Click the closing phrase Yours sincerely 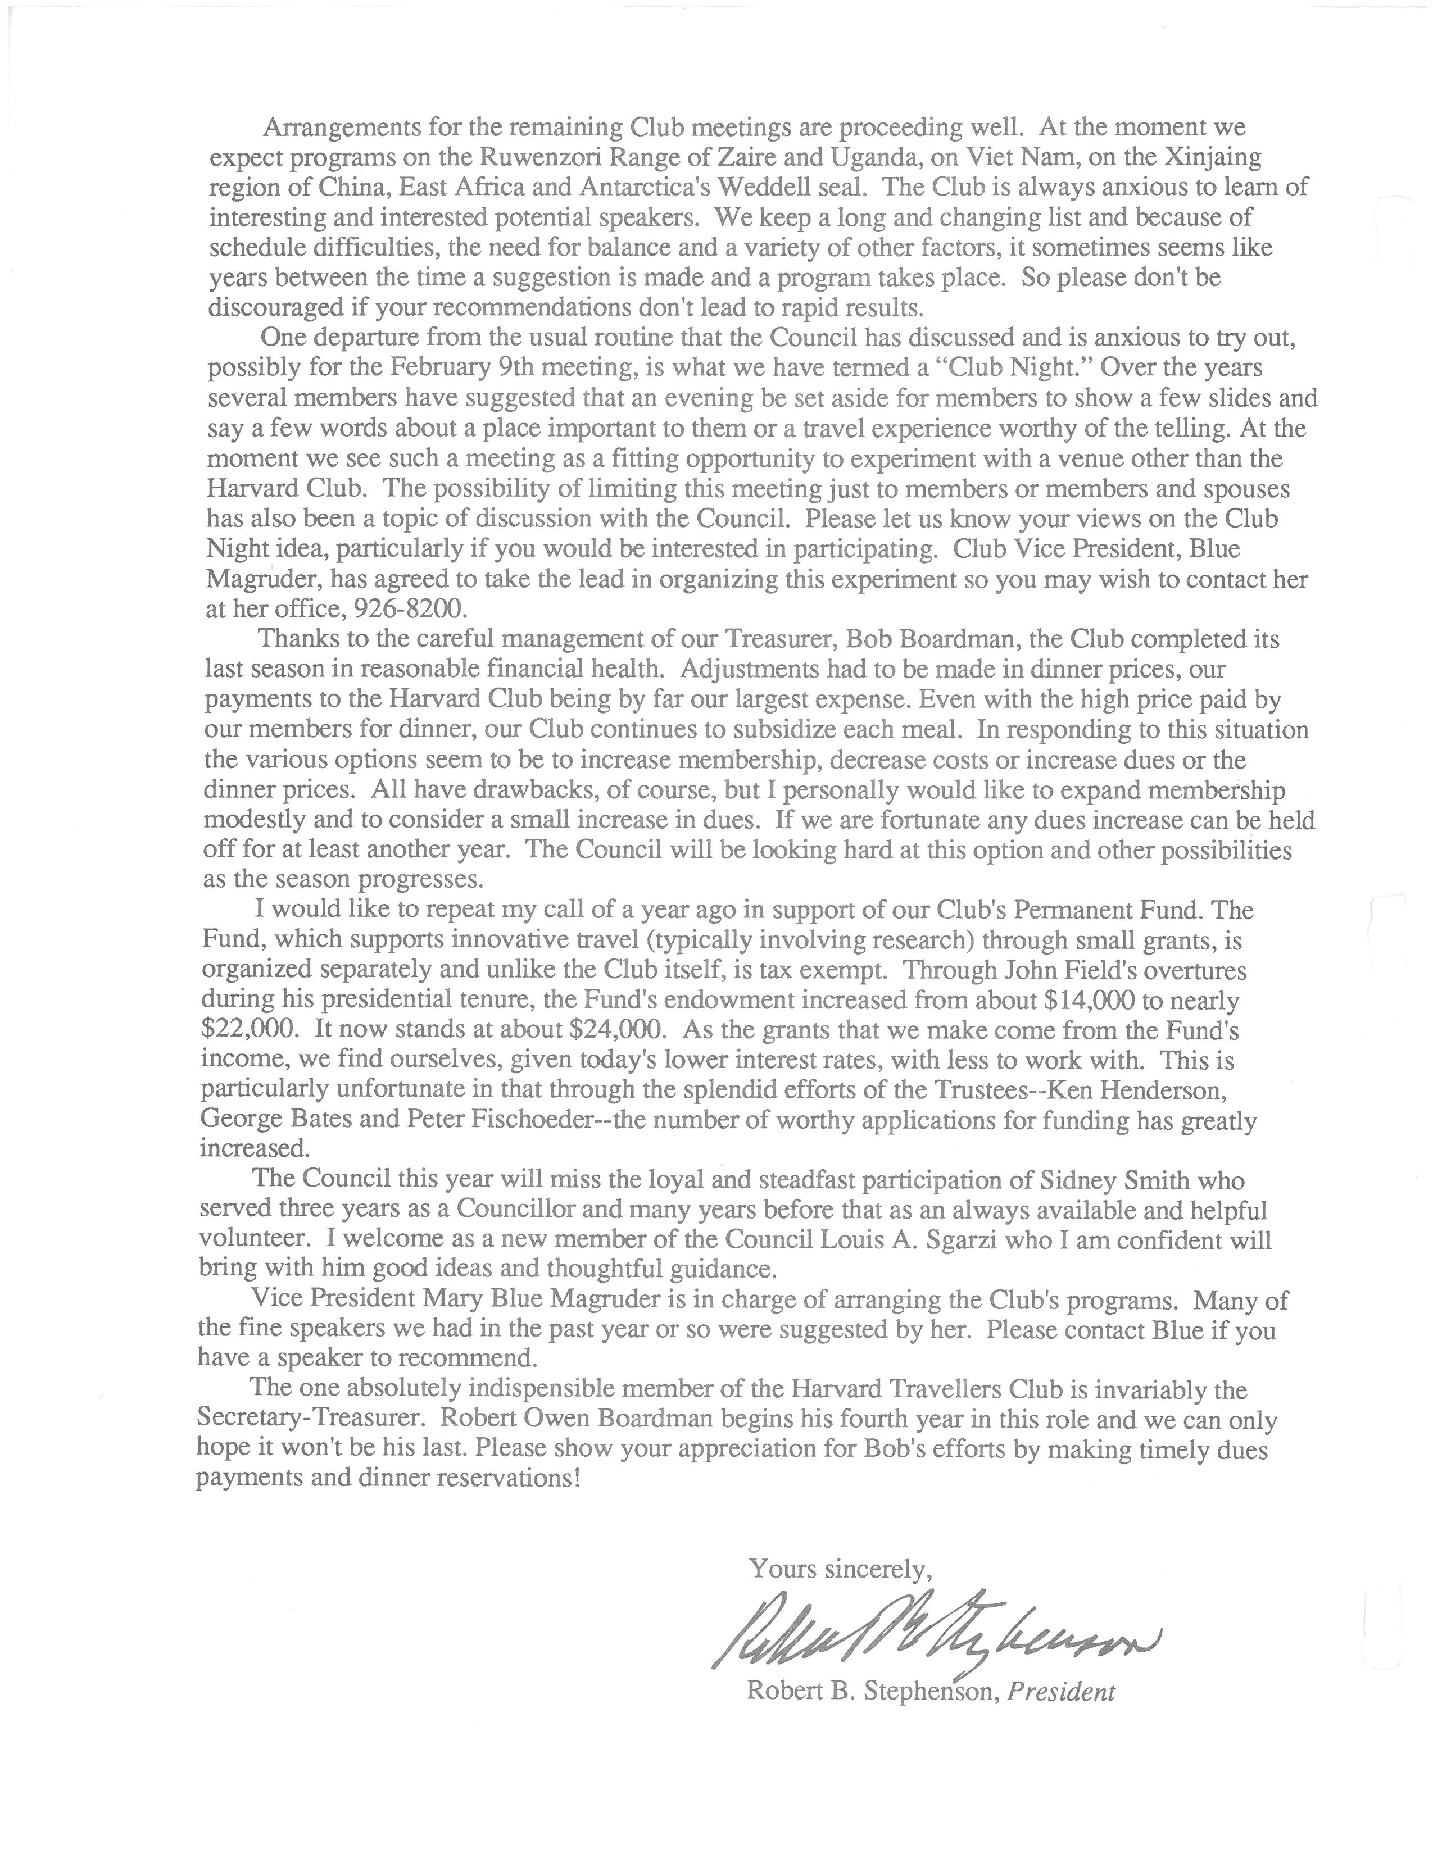click(x=841, y=1569)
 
